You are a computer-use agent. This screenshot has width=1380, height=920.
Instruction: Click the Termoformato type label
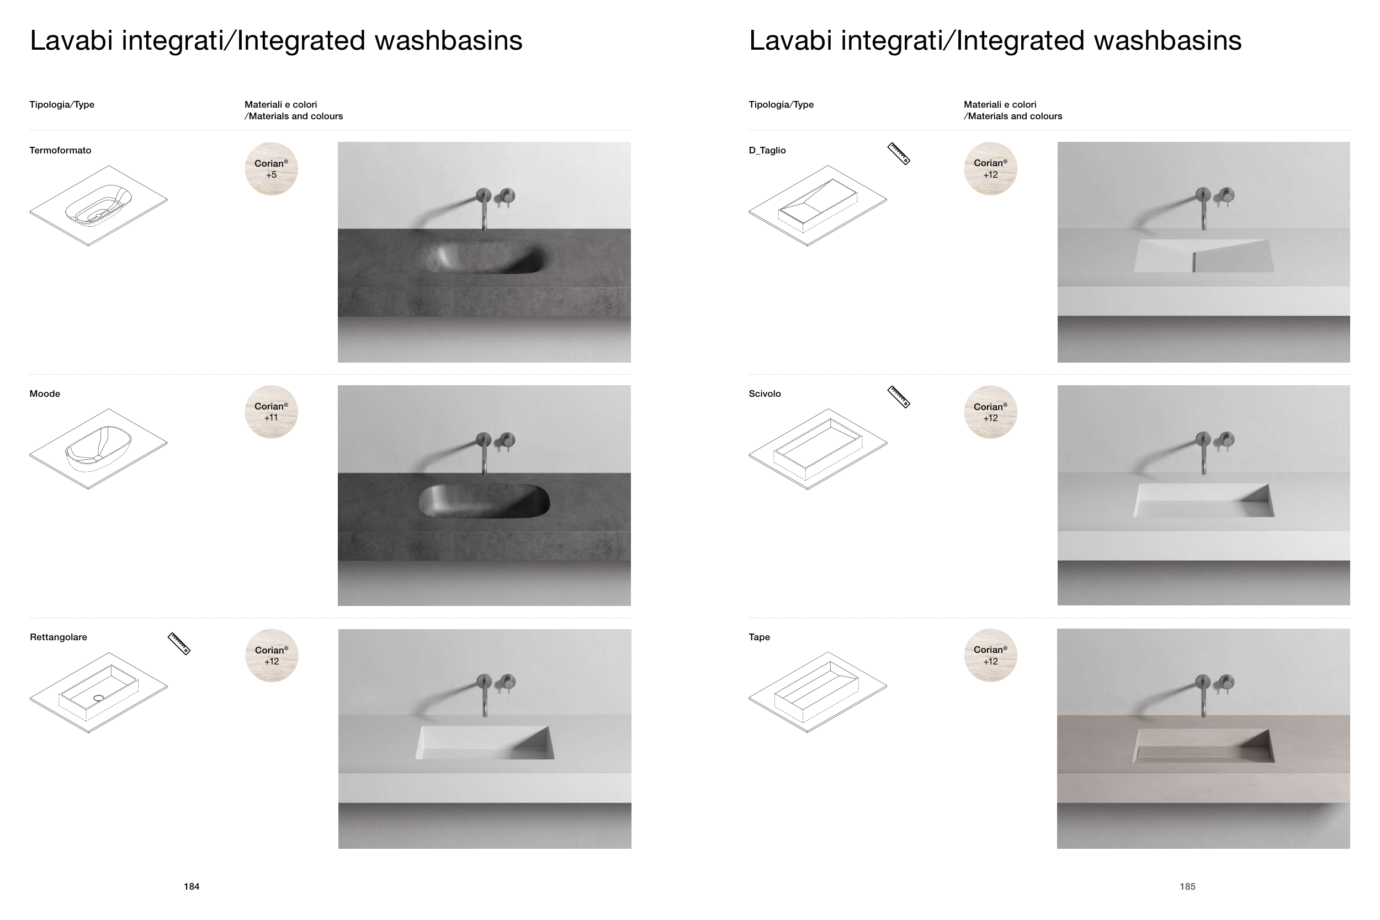click(60, 150)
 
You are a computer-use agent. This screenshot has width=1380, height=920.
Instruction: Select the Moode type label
click(45, 393)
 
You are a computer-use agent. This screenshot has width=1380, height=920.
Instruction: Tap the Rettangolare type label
click(58, 637)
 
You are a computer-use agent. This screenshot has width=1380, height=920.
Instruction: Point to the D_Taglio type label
click(767, 150)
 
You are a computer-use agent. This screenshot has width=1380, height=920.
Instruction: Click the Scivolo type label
click(765, 393)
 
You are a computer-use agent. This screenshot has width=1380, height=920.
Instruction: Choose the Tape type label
click(759, 637)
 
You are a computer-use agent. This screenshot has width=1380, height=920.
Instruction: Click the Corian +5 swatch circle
click(271, 169)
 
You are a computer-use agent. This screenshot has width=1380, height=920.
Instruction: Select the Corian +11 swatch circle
click(271, 412)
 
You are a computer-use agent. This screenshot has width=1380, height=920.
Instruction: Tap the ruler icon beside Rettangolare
click(179, 644)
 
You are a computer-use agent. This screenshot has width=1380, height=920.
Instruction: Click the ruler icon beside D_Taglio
click(898, 154)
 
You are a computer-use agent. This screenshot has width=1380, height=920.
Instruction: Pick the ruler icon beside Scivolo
click(898, 397)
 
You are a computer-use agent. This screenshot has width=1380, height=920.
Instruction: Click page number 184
click(192, 886)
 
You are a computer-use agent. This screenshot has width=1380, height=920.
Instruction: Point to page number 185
click(1187, 886)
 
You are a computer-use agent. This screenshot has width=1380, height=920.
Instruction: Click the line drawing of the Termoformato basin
click(99, 206)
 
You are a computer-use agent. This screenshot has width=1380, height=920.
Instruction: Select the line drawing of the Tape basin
click(818, 693)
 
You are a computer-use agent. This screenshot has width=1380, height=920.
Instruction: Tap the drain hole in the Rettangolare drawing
click(99, 698)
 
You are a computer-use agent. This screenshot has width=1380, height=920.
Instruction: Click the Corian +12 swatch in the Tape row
click(990, 656)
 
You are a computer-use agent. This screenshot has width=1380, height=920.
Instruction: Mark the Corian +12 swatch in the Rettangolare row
click(272, 656)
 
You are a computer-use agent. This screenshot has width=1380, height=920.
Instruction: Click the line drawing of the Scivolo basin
click(818, 449)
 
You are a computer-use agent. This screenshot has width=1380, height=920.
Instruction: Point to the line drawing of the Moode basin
click(99, 449)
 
